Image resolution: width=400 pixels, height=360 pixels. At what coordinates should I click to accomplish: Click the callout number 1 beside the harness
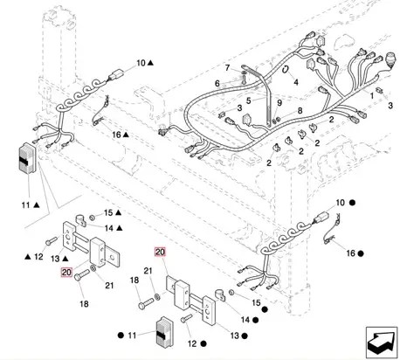tap(372, 95)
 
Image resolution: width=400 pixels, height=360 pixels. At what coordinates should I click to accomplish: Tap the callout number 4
tap(296, 82)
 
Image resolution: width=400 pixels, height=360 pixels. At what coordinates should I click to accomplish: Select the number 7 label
tap(227, 68)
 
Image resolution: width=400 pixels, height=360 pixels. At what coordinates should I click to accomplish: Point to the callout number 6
tap(217, 84)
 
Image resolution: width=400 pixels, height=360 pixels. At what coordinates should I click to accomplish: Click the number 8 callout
tap(300, 111)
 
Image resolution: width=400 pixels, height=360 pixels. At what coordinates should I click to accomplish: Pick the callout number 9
tap(279, 102)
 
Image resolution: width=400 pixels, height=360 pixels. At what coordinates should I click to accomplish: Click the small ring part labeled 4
tap(286, 69)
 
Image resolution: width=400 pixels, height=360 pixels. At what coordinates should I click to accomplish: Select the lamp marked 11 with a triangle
tap(27, 159)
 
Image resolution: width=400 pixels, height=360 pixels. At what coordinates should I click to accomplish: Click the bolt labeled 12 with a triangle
tap(52, 241)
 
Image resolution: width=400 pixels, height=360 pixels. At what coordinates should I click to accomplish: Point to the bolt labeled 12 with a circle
tap(187, 318)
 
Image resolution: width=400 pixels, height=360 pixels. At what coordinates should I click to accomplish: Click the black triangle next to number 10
tap(150, 63)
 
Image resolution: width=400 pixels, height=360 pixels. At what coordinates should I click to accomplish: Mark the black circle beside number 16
tap(361, 253)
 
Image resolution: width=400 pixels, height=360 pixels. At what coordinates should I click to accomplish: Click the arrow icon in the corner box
tap(382, 343)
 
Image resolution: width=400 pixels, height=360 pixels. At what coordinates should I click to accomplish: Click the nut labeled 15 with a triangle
tap(92, 218)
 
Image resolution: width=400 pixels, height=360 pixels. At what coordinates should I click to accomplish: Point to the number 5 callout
tap(248, 100)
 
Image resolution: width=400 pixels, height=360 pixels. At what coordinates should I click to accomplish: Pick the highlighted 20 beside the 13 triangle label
tap(66, 273)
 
